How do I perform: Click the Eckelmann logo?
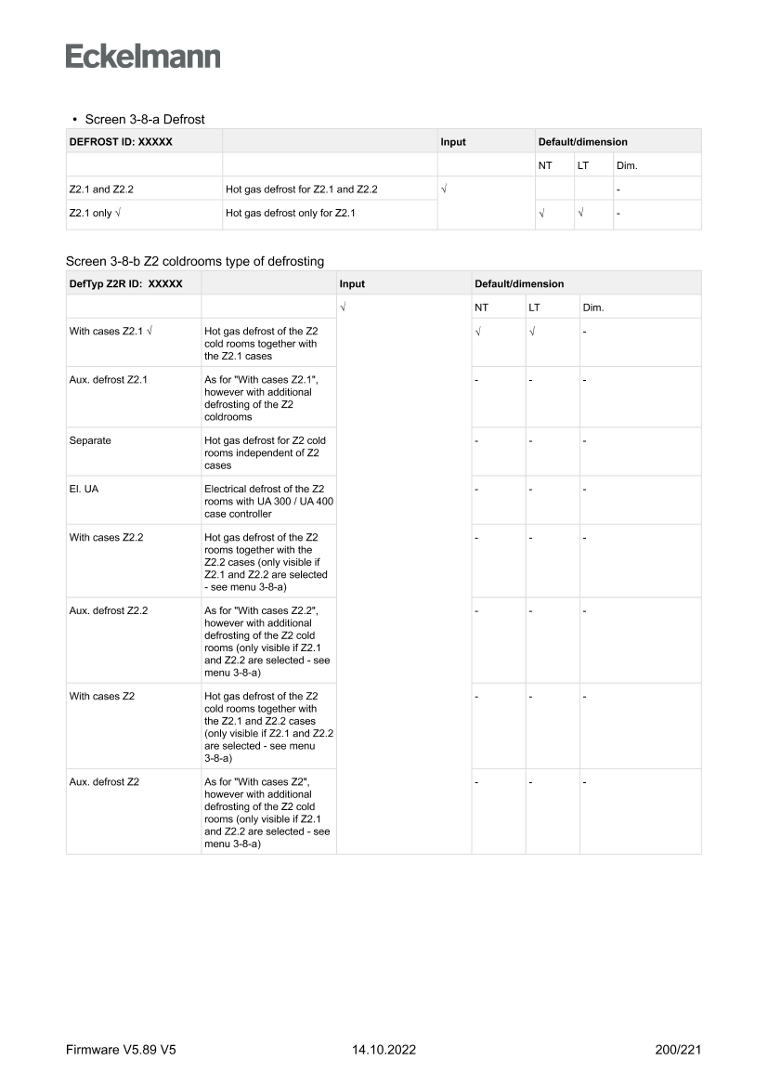[143, 57]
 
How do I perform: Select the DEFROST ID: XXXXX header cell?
[121, 142]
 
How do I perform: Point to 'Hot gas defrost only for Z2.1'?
[290, 214]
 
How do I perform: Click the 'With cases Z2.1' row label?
[108, 332]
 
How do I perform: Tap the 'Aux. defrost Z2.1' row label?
[108, 380]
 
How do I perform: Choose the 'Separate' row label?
[90, 440]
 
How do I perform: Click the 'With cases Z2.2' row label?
[108, 537]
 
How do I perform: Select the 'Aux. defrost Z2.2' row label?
[108, 610]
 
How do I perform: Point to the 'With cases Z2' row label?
[102, 696]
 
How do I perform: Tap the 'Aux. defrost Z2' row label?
[104, 781]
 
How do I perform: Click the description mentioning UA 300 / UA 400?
[268, 501]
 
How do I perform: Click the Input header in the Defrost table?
[453, 142]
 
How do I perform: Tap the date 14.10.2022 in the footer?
[384, 1050]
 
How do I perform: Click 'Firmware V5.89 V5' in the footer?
[121, 1050]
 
